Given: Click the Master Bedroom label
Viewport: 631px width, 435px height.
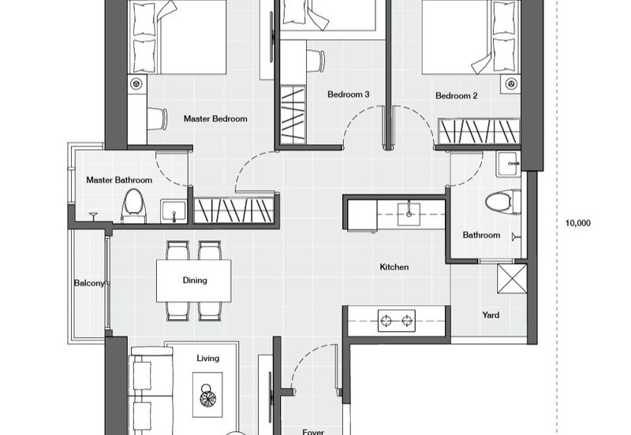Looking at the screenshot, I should (x=215, y=119).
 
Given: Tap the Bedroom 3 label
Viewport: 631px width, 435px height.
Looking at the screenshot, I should (x=348, y=95).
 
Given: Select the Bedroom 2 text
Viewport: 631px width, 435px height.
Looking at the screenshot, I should (x=457, y=96).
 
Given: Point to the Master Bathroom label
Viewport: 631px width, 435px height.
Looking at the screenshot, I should (x=119, y=180).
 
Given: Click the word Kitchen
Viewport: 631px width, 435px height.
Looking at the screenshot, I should (x=394, y=267).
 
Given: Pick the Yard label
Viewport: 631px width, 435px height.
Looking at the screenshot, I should (x=491, y=315).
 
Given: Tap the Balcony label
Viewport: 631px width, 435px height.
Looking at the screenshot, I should (x=89, y=284).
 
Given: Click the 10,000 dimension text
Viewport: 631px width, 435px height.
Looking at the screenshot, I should (x=577, y=223).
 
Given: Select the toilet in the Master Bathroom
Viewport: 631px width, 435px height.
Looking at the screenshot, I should (x=134, y=205).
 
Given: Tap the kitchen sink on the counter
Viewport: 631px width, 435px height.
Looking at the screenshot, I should (x=409, y=211).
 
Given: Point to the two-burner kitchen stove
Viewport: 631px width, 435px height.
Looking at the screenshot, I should (x=396, y=320).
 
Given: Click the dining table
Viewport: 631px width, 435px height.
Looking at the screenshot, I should (x=193, y=281).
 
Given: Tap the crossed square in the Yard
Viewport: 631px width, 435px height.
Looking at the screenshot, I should (x=511, y=279).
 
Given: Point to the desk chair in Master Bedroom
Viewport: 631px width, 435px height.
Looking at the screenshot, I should (x=158, y=119).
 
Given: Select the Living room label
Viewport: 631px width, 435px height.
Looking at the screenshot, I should (x=208, y=359).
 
